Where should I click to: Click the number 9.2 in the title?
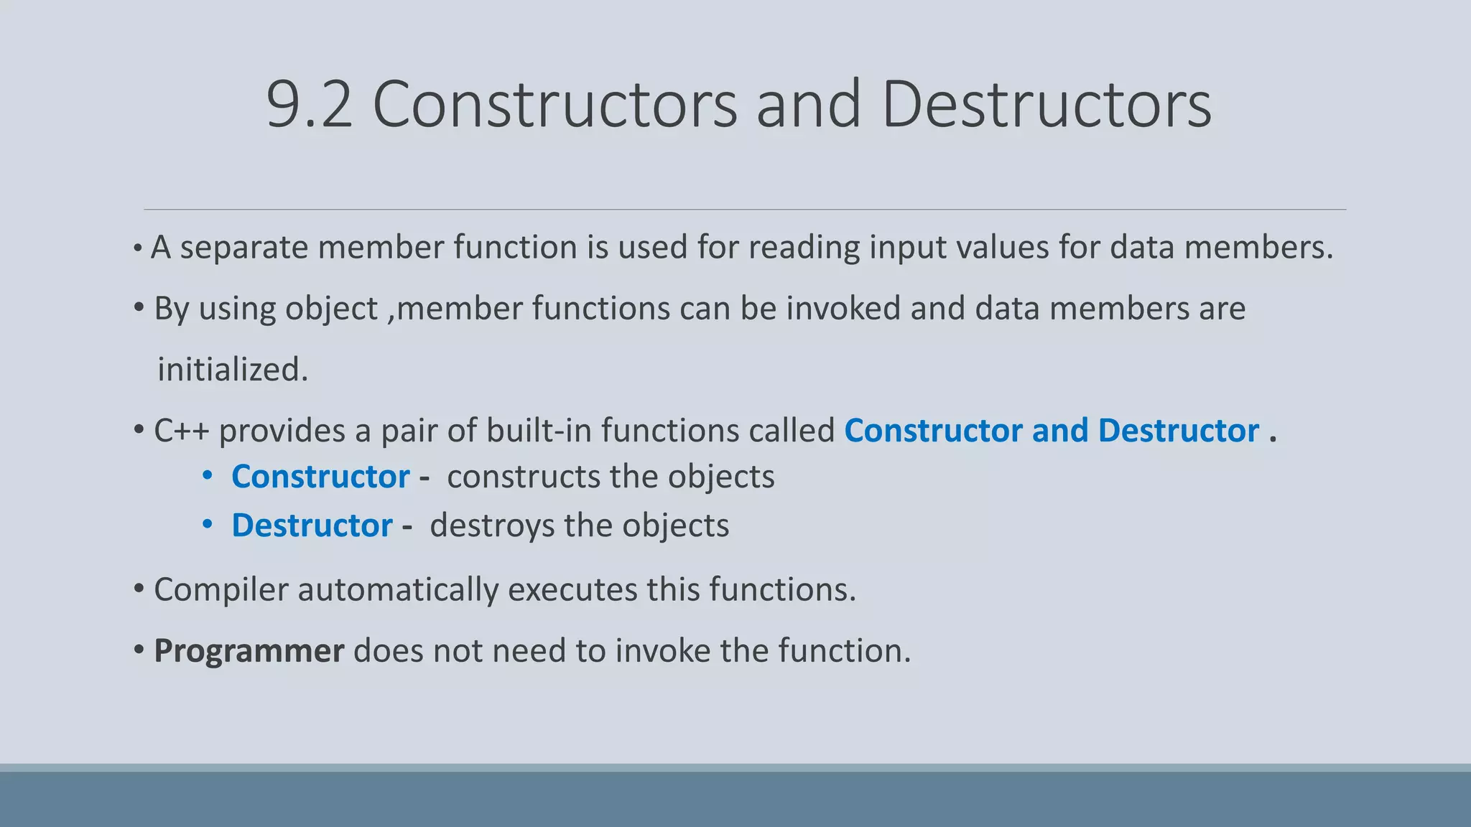pyautogui.click(x=309, y=105)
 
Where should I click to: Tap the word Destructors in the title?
pyautogui.click(x=1046, y=105)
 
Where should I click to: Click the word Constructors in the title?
pyautogui.click(x=554, y=105)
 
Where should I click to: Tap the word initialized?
pyautogui.click(x=233, y=370)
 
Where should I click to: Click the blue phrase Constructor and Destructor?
pyautogui.click(x=1052, y=431)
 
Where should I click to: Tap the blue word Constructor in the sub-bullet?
pyautogui.click(x=320, y=477)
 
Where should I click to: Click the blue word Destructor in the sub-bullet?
pyautogui.click(x=312, y=525)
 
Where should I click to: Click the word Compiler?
pyautogui.click(x=220, y=590)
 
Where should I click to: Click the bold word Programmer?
pyautogui.click(x=249, y=651)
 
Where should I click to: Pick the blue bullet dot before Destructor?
pyautogui.click(x=208, y=525)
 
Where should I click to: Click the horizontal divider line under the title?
pyautogui.click(x=744, y=210)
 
